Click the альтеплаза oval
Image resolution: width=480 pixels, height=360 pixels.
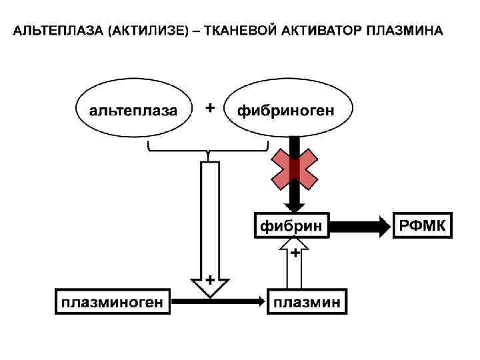pos(134,111)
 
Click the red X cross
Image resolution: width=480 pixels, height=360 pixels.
pos(294,169)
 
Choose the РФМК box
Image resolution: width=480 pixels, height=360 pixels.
pos(424,226)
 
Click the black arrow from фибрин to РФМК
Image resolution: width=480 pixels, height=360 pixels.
pos(360,227)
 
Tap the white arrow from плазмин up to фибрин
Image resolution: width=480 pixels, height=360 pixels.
pos(294,270)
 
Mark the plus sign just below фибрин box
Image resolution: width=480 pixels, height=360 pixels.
pos(294,253)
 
